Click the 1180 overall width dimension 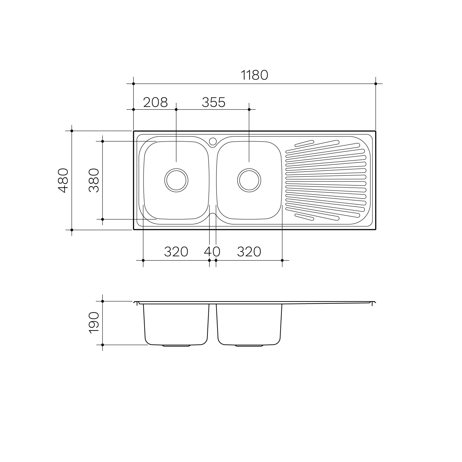[254, 75]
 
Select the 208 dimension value [155, 102]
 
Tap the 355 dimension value [214, 102]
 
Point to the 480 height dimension [63, 180]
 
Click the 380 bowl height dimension [94, 180]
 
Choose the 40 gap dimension [212, 252]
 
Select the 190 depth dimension [94, 323]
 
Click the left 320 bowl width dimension [176, 252]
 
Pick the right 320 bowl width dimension [249, 252]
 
